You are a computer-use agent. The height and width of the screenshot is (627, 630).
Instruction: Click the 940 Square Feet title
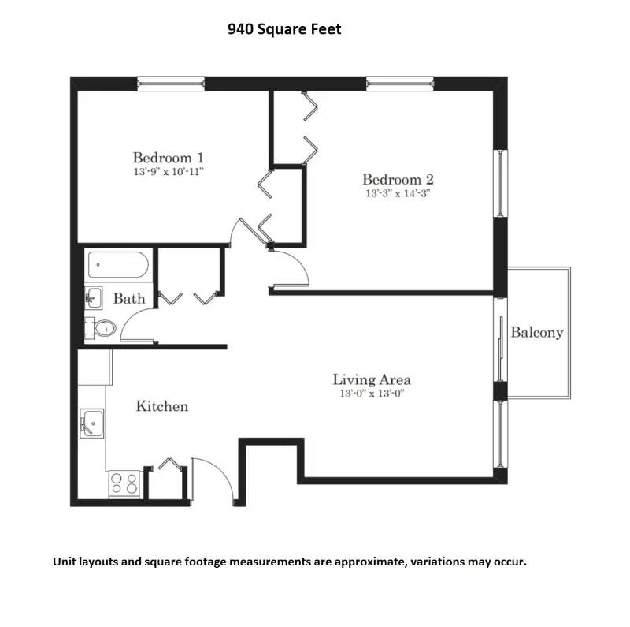click(284, 30)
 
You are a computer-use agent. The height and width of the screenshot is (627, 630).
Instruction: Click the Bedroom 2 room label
click(397, 179)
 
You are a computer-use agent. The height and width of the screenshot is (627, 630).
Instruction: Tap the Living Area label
click(372, 379)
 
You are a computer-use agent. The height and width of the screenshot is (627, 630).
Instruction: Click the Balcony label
click(537, 332)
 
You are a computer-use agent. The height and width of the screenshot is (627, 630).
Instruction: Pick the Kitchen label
click(162, 406)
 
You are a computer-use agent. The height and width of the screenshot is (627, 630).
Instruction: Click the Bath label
click(129, 298)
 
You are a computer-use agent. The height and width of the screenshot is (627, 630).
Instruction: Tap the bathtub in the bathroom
click(118, 266)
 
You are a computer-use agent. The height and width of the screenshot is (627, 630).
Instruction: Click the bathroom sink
click(93, 297)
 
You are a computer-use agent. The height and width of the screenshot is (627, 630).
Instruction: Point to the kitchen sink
click(93, 424)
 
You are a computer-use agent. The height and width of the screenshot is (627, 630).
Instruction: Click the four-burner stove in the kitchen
click(124, 482)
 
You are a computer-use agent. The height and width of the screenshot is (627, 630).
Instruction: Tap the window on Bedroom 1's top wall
click(171, 82)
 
